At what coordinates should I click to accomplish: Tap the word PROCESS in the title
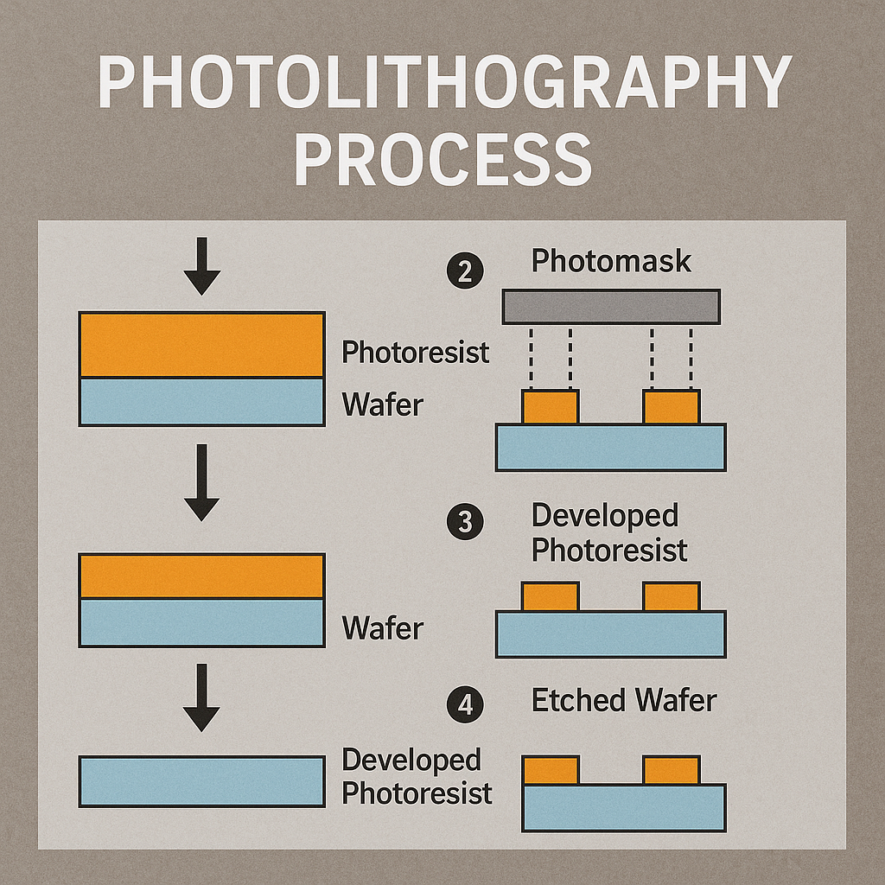pyautogui.click(x=442, y=160)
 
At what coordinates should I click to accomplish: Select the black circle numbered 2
pyautogui.click(x=466, y=272)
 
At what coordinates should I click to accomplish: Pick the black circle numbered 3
pyautogui.click(x=466, y=524)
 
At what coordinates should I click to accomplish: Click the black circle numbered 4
pyautogui.click(x=466, y=706)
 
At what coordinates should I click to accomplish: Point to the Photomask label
pyautogui.click(x=611, y=260)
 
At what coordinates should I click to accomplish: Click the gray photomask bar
pyautogui.click(x=611, y=306)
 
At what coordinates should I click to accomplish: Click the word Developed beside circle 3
pyautogui.click(x=604, y=515)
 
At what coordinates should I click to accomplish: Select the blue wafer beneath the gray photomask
pyautogui.click(x=610, y=447)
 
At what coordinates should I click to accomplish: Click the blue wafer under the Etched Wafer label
pyautogui.click(x=624, y=807)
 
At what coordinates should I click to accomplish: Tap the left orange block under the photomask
pyautogui.click(x=550, y=407)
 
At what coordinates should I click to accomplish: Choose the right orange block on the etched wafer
pyautogui.click(x=671, y=770)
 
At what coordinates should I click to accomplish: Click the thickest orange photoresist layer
pyautogui.click(x=201, y=345)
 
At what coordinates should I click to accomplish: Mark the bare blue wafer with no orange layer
pyautogui.click(x=201, y=781)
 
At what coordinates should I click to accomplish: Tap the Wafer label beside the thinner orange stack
pyautogui.click(x=383, y=628)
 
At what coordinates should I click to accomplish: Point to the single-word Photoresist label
pyautogui.click(x=415, y=352)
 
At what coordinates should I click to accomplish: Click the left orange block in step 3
pyautogui.click(x=550, y=596)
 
